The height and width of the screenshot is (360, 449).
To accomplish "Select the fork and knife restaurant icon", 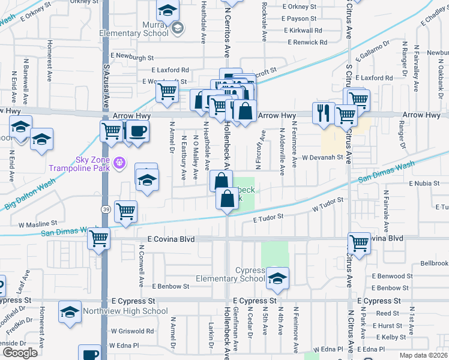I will (x=324, y=112).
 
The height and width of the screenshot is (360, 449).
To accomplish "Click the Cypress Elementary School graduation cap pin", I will (x=277, y=278).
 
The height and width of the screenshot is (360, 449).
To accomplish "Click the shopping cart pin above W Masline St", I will (x=125, y=211).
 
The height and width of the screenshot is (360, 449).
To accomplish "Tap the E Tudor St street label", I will (x=268, y=220).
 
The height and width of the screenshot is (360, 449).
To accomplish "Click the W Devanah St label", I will (x=322, y=157).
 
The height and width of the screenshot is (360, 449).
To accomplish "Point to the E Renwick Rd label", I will (x=307, y=43).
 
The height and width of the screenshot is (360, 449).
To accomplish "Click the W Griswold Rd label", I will (x=132, y=331).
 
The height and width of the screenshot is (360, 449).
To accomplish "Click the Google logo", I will (x=20, y=353).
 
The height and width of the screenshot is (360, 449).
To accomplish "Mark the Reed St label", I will (x=387, y=313).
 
